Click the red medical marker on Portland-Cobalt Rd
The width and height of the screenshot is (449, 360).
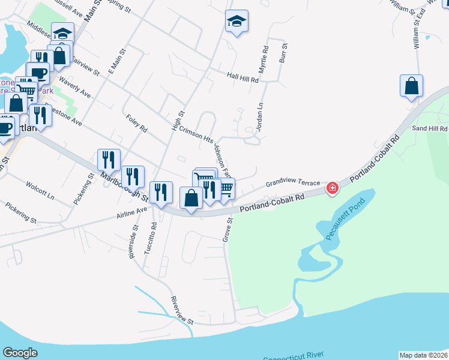(331, 189)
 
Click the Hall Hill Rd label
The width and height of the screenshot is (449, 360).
(243, 79)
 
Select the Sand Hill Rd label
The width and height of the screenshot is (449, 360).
(429, 128)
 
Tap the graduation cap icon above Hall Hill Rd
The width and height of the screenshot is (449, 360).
(237, 22)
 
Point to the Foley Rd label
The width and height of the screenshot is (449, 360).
(137, 124)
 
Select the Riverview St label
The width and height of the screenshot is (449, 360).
(181, 310)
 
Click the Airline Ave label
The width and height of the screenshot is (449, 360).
(132, 211)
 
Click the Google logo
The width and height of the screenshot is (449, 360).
(20, 353)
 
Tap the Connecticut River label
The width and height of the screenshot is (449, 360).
(290, 358)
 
